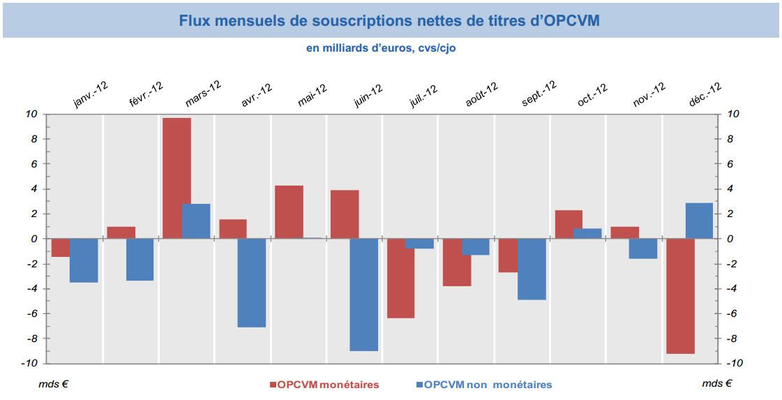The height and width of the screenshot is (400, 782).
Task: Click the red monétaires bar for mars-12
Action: [176, 178]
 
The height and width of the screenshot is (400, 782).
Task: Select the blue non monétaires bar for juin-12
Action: [363, 295]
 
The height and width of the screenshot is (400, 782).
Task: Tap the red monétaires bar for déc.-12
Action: [680, 296]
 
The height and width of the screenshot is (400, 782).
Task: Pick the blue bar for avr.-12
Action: [251, 283]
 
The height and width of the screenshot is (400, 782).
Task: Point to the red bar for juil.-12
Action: [400, 279]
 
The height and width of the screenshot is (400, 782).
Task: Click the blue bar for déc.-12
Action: [699, 221]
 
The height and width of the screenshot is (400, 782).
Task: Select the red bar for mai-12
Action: [289, 212]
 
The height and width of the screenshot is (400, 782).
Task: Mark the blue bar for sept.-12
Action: [532, 269]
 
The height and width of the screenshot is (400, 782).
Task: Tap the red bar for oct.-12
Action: [569, 224]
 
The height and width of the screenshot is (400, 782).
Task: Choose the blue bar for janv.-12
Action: [84, 260]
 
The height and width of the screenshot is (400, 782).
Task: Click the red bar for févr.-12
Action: [121, 232]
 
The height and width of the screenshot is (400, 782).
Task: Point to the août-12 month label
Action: [481, 95]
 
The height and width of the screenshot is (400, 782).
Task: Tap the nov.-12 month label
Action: [649, 95]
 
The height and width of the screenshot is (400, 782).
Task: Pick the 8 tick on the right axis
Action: [730, 139]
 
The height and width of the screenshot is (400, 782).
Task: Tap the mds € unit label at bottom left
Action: [53, 383]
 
